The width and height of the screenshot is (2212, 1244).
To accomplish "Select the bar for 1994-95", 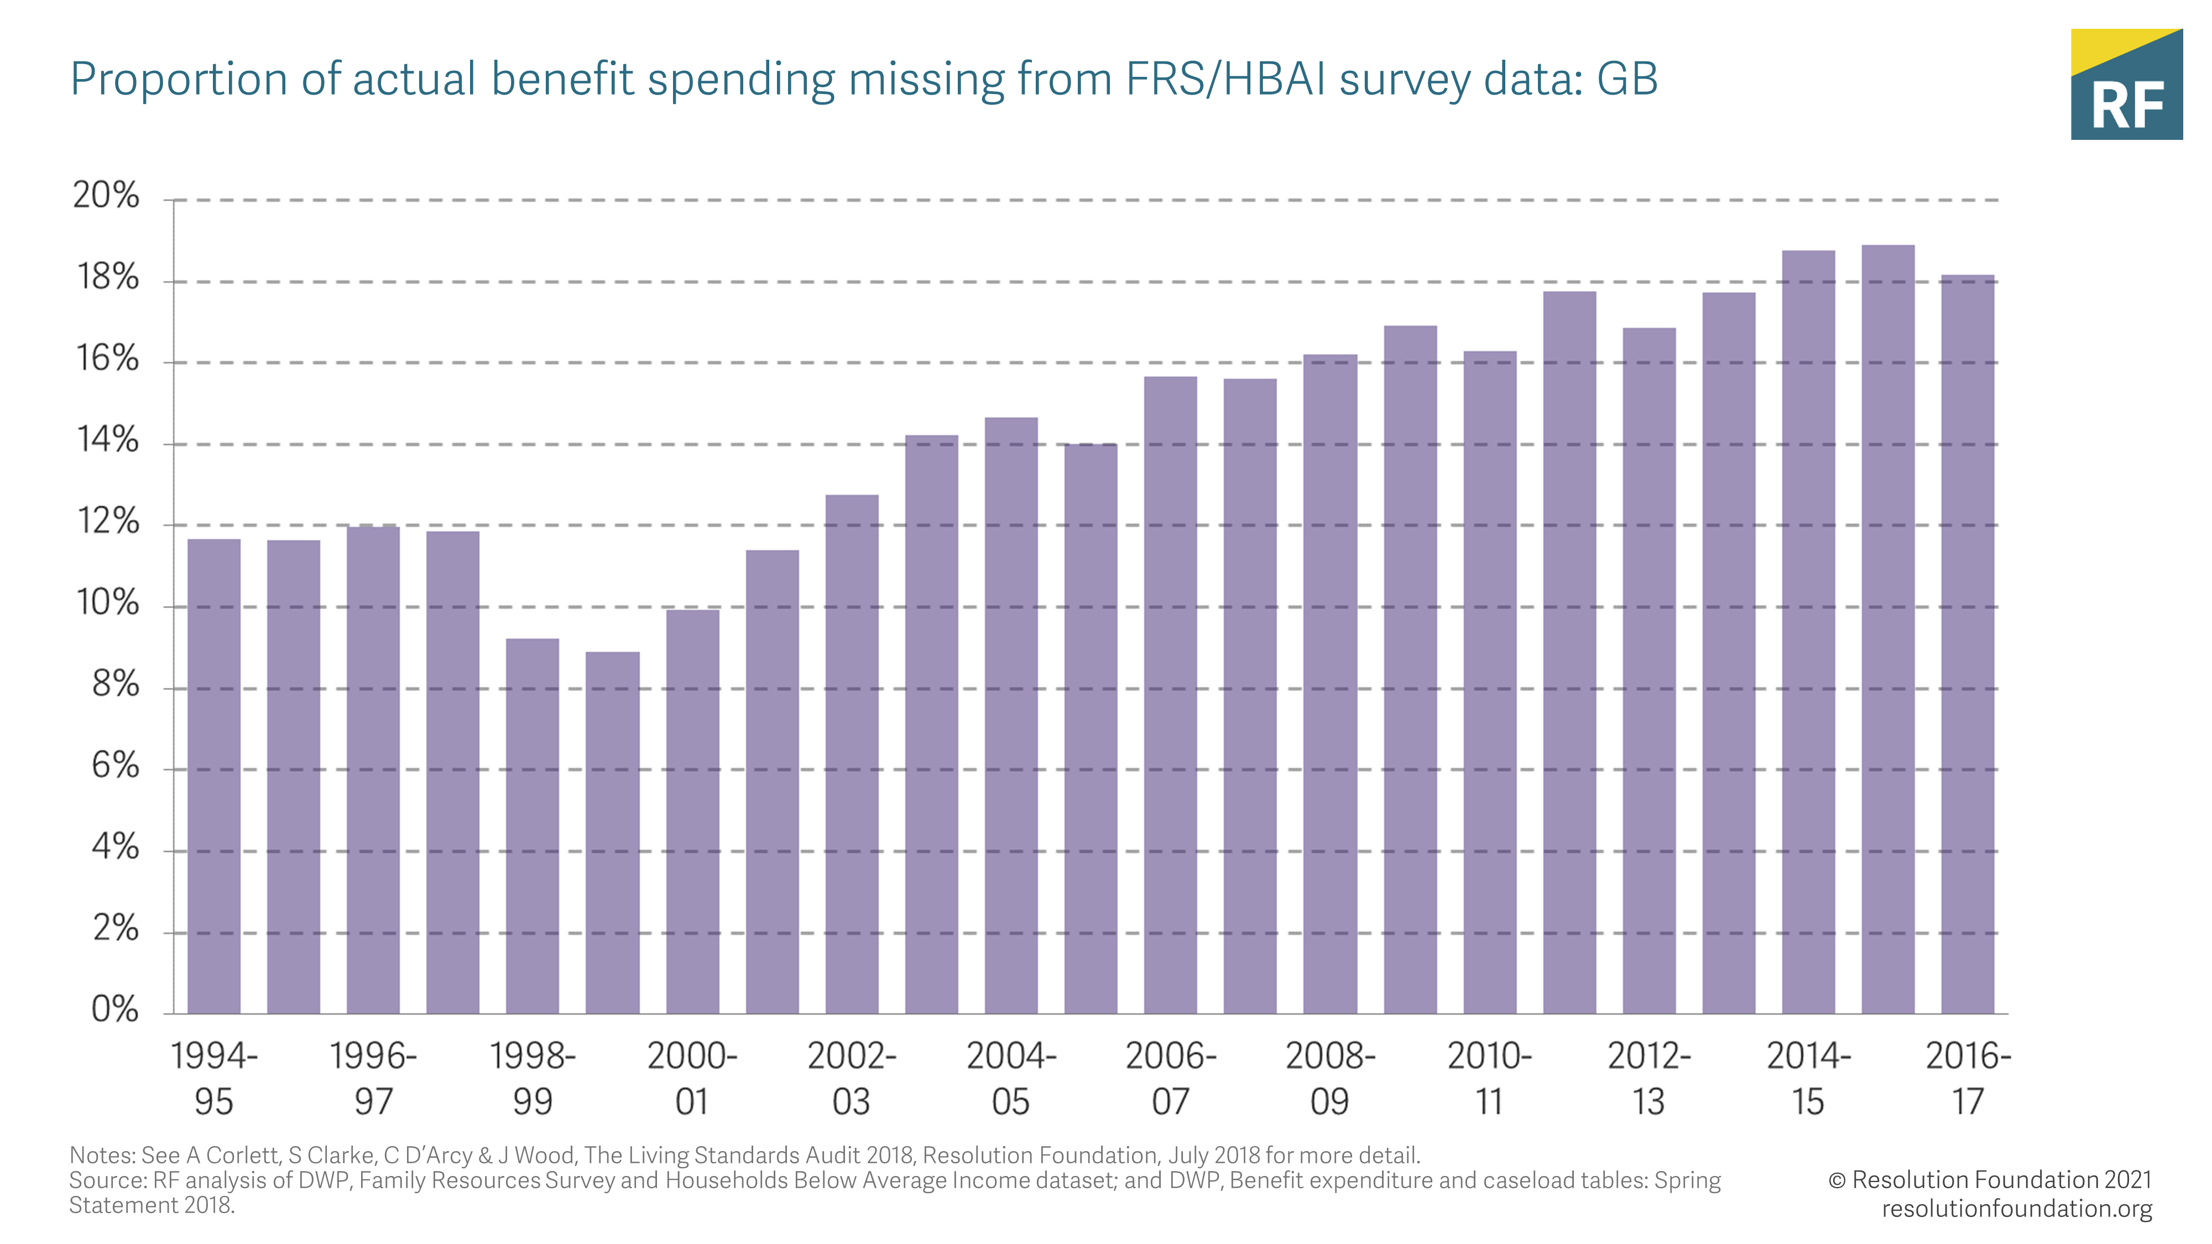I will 214,776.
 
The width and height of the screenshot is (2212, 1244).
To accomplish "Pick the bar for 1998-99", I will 533,826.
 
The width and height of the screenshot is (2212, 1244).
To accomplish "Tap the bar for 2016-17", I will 1967,644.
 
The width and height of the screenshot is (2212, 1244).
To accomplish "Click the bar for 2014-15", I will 1808,632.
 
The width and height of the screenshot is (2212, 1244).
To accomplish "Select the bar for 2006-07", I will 1170,696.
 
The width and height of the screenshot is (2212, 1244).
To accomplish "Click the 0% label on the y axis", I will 115,1009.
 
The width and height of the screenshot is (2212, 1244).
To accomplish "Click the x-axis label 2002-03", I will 851,1078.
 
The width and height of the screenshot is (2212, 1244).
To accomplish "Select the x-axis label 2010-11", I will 1489,1078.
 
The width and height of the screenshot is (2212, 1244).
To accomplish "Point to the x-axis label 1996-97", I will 373,1078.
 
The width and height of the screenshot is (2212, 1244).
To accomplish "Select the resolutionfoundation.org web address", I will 2016,1209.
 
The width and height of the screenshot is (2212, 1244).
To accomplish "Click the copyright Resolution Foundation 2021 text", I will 1990,1180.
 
